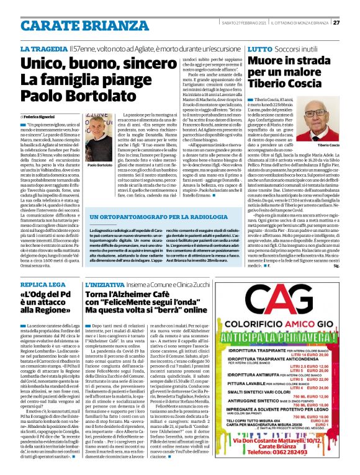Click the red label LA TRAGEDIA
[42, 48]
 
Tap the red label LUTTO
[259, 48]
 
